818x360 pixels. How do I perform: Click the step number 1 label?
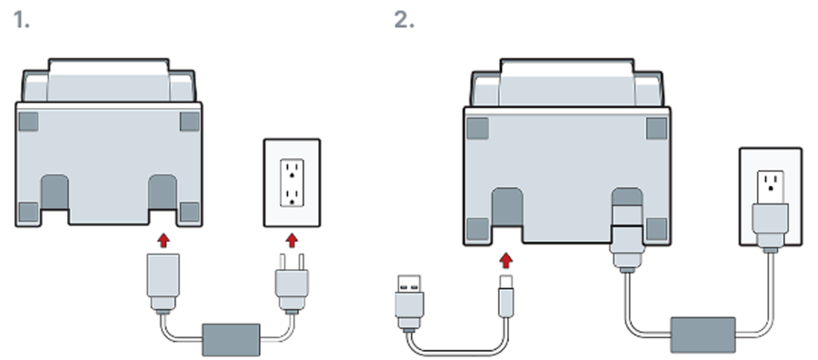click(x=21, y=20)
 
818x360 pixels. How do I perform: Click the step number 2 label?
click(x=404, y=20)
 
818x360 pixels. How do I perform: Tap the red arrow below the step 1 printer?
click(x=164, y=240)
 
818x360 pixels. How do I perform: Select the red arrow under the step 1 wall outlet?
click(x=292, y=240)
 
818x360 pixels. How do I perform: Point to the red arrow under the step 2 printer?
click(x=505, y=260)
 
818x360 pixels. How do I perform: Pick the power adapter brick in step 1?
click(x=231, y=340)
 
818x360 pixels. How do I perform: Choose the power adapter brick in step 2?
click(x=703, y=335)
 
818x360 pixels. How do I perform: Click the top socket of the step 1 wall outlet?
click(x=292, y=171)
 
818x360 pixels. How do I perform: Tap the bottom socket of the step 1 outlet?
click(x=292, y=196)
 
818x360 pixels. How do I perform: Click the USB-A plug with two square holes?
click(x=410, y=303)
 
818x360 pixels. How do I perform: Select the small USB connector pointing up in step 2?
click(x=506, y=296)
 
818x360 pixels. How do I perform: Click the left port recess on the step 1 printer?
click(x=55, y=193)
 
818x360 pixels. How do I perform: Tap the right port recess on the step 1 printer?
click(x=163, y=193)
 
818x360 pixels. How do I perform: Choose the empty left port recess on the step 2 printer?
click(x=507, y=207)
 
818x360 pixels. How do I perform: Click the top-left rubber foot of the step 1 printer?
click(x=28, y=122)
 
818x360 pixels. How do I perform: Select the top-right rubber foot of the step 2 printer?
click(x=656, y=128)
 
